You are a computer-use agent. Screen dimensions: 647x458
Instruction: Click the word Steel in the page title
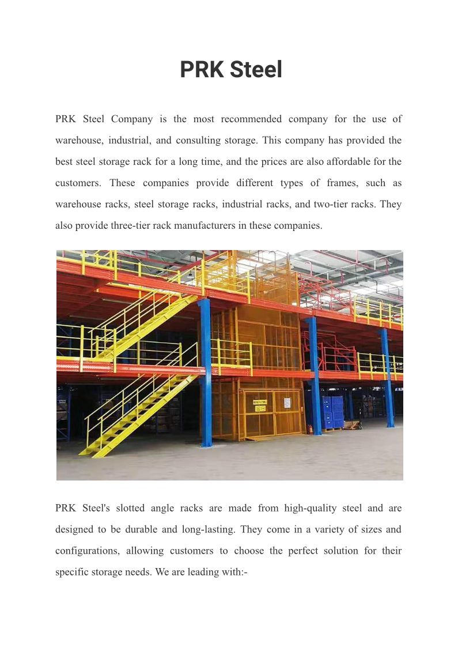[256, 70]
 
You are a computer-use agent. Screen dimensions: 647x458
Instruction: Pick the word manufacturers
[202, 226]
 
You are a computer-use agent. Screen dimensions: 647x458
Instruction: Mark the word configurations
[88, 551]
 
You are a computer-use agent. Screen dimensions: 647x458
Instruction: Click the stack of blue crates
[332, 411]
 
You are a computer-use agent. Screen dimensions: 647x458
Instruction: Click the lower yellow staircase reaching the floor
[138, 415]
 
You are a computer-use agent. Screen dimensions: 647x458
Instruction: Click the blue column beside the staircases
[205, 374]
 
